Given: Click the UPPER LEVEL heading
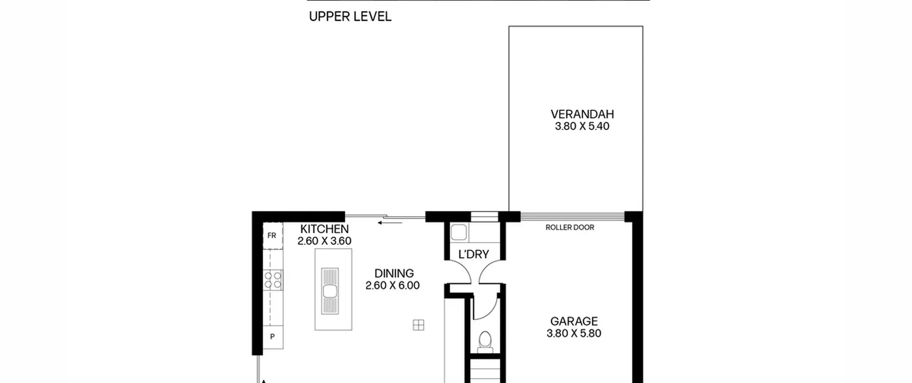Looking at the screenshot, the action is (350, 16).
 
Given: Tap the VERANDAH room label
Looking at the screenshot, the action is (582, 114).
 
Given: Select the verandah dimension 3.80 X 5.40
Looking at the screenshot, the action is (582, 126).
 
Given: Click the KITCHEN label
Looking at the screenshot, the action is (324, 229).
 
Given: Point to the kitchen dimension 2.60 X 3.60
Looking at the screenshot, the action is (324, 241).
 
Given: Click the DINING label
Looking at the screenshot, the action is (394, 273).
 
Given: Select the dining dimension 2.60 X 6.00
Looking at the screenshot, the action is (393, 285).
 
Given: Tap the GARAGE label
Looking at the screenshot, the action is (574, 321).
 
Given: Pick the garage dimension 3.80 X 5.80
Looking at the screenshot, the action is (574, 333).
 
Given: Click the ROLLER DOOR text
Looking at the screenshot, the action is (570, 227).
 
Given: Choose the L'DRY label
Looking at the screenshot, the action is (473, 254).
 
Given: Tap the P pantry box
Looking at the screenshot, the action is (273, 337).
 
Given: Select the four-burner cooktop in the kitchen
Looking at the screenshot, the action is (273, 280).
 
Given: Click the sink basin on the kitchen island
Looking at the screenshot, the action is (330, 291).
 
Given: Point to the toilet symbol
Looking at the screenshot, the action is (485, 342).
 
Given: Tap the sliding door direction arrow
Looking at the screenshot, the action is (390, 223).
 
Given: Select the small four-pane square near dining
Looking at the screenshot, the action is (419, 325).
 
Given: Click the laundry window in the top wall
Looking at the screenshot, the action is (484, 217).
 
